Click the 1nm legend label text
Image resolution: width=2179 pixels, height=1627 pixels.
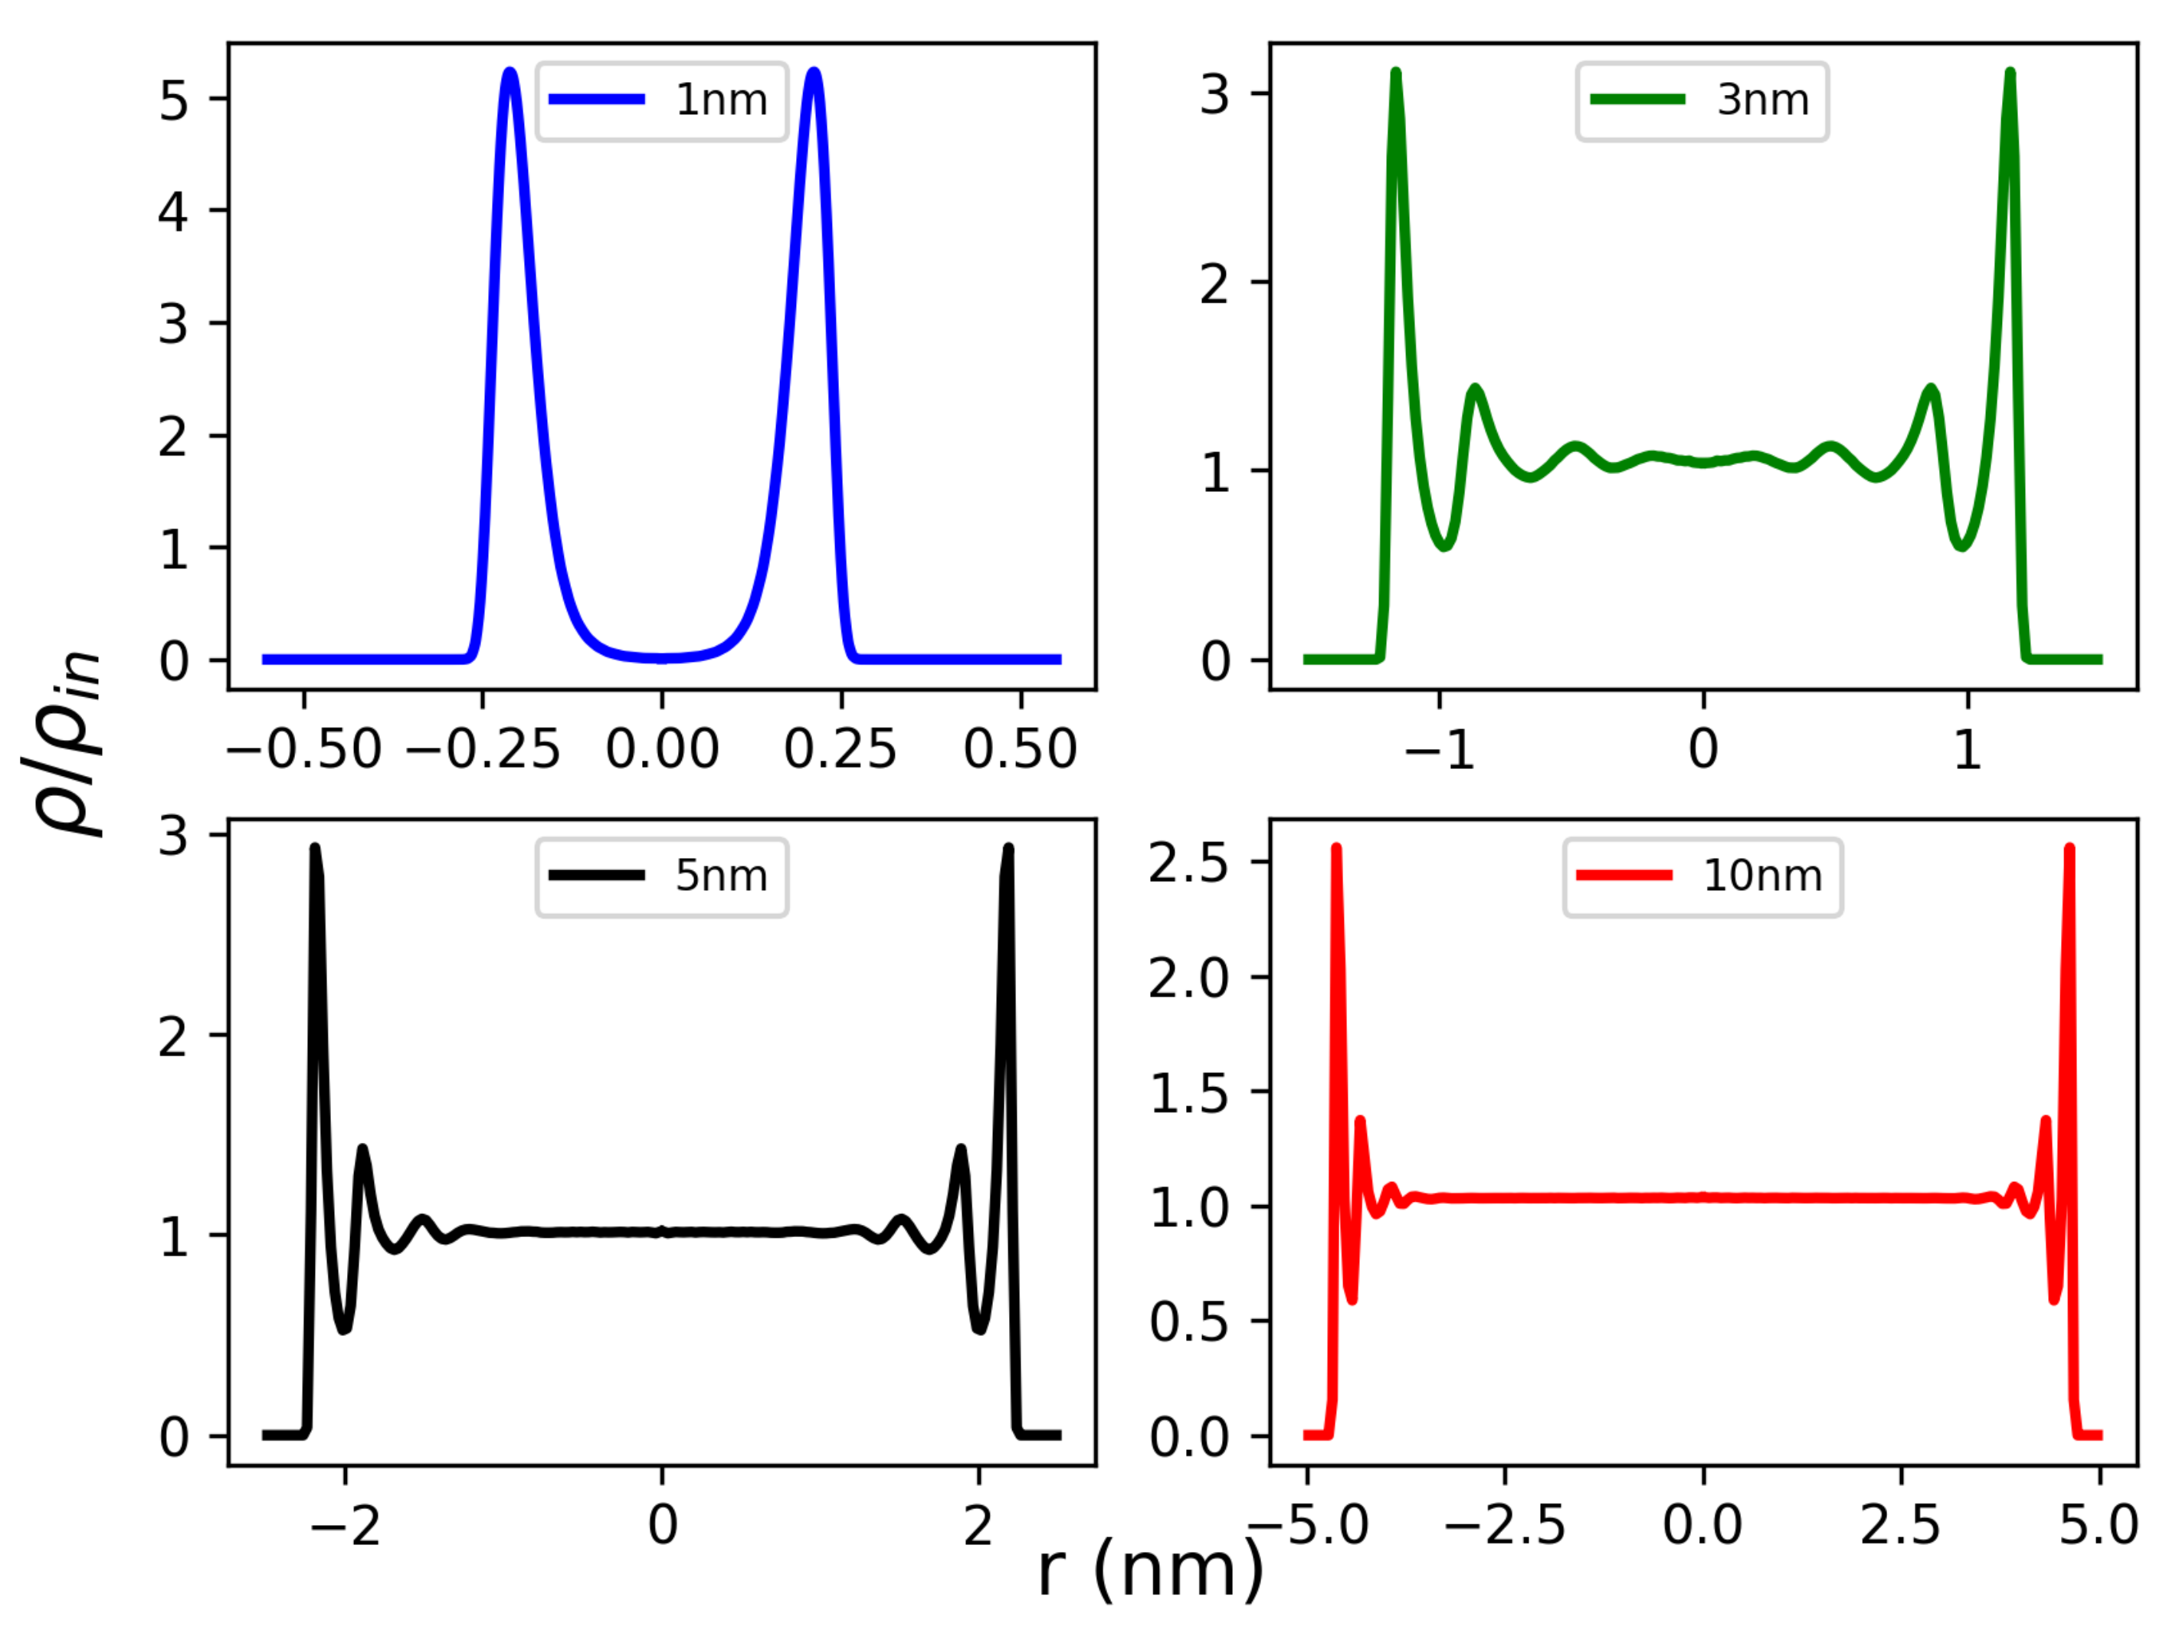(x=721, y=100)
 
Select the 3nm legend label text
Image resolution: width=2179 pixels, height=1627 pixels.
(x=1762, y=100)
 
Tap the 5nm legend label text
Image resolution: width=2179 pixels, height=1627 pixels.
(x=721, y=876)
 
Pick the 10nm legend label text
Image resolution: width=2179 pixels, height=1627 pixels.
(x=1762, y=876)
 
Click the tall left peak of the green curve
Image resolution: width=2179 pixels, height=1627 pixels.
(x=1396, y=73)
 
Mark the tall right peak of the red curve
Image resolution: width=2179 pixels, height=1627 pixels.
(x=2069, y=848)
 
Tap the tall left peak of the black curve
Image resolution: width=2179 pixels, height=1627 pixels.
(x=315, y=848)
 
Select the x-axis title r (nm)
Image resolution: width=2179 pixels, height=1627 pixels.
(x=1151, y=1568)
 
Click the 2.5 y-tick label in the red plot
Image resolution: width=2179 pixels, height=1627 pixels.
(x=1188, y=863)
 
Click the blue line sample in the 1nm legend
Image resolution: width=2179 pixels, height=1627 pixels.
(x=597, y=100)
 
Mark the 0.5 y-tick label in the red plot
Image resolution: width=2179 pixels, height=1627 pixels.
(x=1188, y=1321)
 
